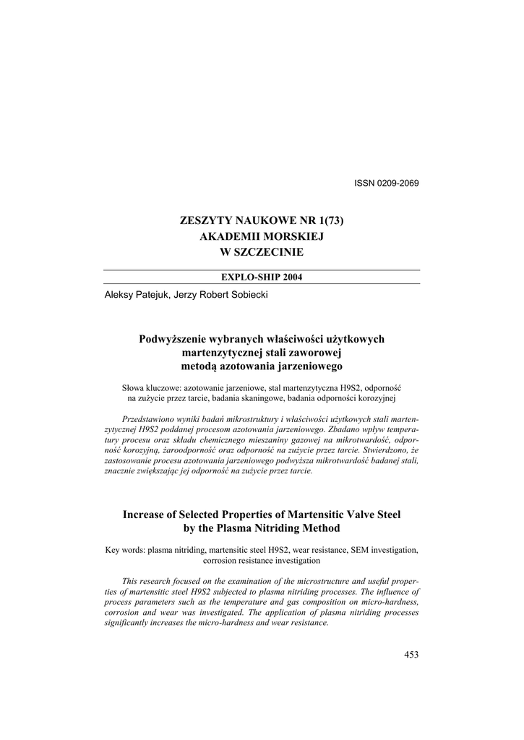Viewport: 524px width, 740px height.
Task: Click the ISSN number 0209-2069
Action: tap(397, 183)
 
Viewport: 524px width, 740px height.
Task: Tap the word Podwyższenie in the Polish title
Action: tap(173, 339)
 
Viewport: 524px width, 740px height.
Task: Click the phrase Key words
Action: tap(124, 550)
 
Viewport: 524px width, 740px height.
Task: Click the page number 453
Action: tap(411, 655)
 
